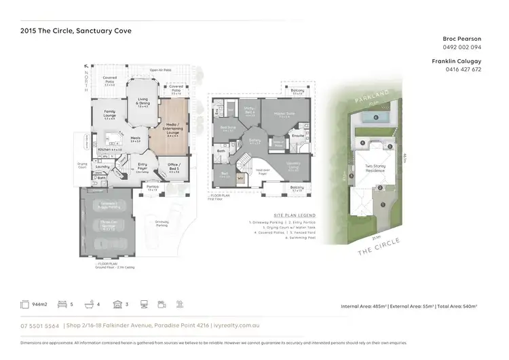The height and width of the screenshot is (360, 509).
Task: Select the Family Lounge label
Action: click(109, 115)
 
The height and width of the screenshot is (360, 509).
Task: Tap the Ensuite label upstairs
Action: click(297, 136)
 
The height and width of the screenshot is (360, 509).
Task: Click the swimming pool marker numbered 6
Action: click(375, 117)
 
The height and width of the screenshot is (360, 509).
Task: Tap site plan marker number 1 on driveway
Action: click(383, 204)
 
